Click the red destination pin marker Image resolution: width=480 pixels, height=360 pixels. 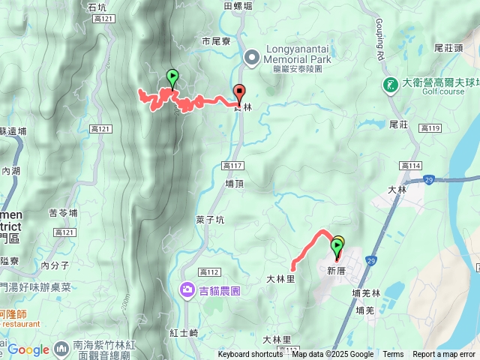[240, 93]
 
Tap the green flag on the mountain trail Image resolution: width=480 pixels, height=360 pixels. [172, 76]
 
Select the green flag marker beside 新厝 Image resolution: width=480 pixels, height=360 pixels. [336, 244]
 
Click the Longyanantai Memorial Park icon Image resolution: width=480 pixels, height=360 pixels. [252, 55]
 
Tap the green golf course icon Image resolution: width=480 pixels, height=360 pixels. [390, 84]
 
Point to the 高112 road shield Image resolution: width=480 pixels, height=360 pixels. [208, 271]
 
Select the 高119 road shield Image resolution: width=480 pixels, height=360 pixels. [430, 128]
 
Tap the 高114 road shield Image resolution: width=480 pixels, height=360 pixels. [410, 166]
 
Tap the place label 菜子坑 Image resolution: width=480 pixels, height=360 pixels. [210, 220]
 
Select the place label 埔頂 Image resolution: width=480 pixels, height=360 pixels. [235, 183]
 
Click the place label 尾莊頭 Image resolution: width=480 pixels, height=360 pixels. [448, 47]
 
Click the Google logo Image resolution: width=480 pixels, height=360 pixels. [28, 349]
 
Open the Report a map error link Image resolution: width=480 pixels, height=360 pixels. [445, 355]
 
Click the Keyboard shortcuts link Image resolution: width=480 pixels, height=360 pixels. [250, 355]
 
